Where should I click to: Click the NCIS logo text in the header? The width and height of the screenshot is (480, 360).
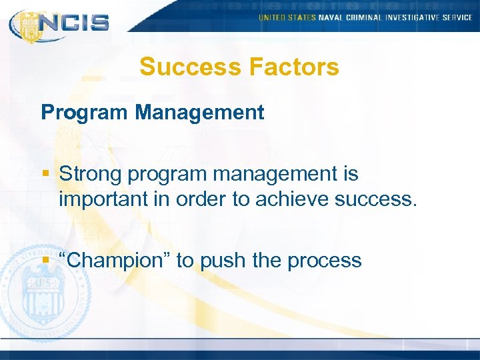73,23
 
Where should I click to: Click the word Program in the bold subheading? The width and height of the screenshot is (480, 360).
85,112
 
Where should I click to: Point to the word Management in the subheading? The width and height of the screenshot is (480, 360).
199,112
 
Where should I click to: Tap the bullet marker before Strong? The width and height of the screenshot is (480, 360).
45,175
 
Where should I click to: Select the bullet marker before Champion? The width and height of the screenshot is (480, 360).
45,260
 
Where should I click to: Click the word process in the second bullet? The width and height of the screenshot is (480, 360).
324,260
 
